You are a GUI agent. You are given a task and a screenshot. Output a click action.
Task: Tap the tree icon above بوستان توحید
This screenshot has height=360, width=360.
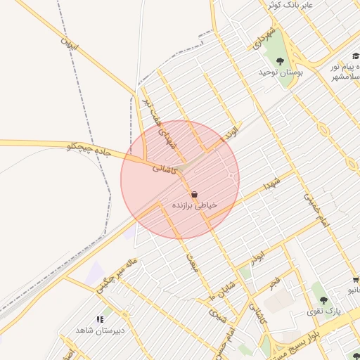coord(281,61)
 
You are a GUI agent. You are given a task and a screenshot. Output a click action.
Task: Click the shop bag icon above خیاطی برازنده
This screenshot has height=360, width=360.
coord(194,193)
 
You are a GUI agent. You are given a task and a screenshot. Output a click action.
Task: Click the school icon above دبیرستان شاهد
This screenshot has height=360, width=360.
coord(100,319)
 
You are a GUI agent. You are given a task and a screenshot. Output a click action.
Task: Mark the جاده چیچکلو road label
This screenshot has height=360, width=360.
coord(89,147)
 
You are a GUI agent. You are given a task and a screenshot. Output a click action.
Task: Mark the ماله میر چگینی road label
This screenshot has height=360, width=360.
coord(117,274)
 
